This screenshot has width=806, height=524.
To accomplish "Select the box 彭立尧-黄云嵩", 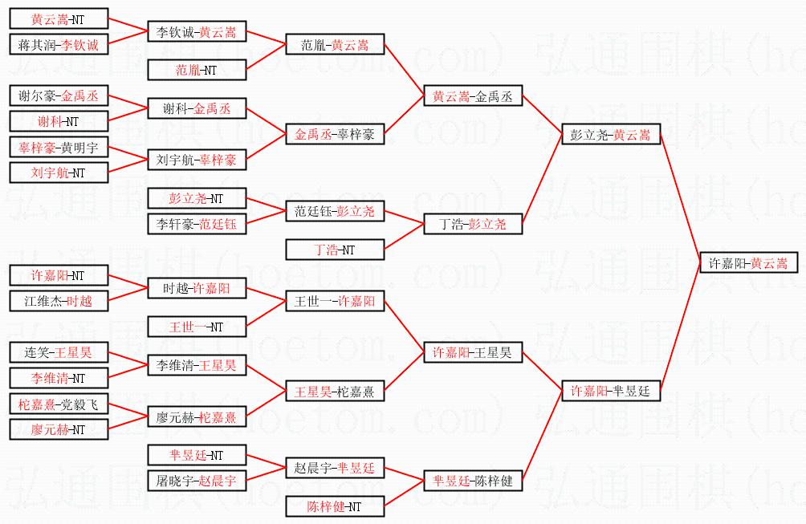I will [610, 135].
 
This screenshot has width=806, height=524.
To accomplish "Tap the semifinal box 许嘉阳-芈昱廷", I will [610, 391].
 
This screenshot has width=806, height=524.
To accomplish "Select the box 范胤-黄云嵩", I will [335, 45].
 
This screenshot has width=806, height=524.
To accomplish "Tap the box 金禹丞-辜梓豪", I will [335, 135].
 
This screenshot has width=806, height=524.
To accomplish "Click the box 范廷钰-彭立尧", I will [335, 212].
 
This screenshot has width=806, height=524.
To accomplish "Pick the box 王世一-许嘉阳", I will [335, 302].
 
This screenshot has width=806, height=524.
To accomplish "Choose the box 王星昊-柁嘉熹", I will [335, 392].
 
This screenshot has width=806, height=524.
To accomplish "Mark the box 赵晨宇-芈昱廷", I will [335, 468].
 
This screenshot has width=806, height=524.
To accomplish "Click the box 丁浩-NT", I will [335, 250].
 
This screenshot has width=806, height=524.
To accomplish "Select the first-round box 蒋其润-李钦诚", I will [58, 45].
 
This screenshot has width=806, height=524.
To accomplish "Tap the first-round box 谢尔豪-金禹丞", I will [58, 96].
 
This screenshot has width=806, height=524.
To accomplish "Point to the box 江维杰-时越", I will [58, 301].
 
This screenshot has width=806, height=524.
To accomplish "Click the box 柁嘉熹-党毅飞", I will [58, 404].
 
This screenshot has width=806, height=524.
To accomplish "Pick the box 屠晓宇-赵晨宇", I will [197, 481].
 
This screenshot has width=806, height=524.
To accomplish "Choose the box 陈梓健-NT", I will [335, 506].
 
